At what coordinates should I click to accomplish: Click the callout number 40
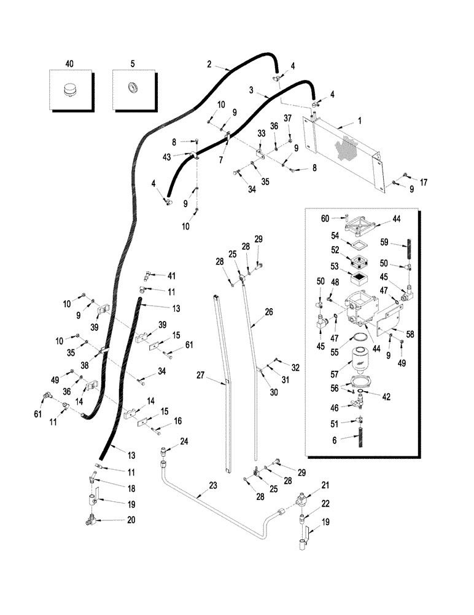click(69, 63)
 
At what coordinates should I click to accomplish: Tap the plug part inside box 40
click(69, 91)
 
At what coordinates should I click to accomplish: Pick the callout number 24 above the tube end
click(184, 442)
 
